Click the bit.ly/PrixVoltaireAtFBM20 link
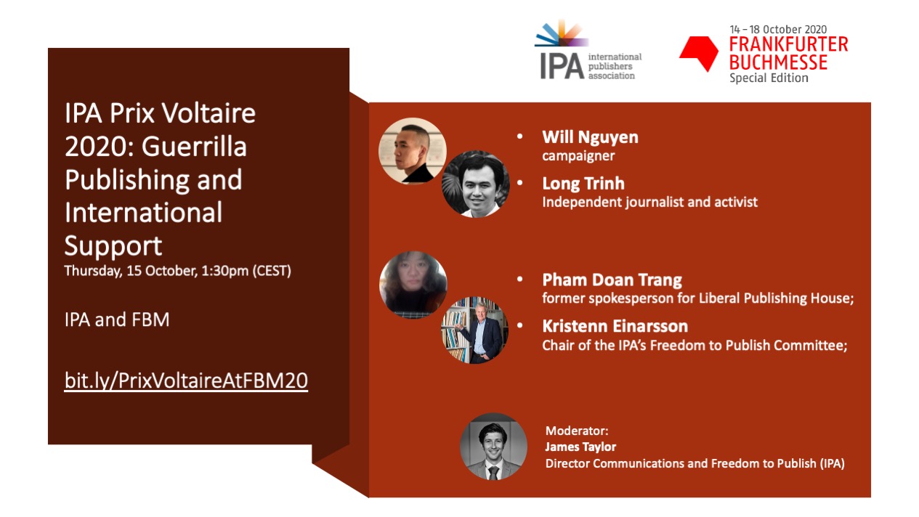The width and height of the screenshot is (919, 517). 186,380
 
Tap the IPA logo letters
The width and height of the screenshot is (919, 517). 562,66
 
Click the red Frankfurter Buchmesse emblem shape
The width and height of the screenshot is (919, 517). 699,53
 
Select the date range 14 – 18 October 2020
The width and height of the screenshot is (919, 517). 778,30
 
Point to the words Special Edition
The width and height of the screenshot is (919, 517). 769,78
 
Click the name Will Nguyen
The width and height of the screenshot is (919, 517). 590,137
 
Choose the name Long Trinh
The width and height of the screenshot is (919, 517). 583,183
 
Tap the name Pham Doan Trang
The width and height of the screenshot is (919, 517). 612,280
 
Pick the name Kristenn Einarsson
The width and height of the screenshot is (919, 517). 615,326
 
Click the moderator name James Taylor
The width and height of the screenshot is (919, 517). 580,447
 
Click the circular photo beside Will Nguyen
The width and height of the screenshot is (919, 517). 413,151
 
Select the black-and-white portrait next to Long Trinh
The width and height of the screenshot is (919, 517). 476,184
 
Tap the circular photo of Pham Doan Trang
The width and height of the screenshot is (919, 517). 413,285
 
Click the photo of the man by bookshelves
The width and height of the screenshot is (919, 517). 474,330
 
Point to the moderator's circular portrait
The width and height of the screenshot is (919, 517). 493,447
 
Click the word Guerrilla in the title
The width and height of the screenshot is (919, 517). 194,147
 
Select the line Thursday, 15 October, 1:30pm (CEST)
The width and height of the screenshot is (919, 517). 178,271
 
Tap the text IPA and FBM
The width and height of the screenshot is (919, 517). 117,319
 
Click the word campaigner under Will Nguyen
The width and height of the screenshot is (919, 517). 578,156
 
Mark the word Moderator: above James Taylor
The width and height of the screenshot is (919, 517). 576,431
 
